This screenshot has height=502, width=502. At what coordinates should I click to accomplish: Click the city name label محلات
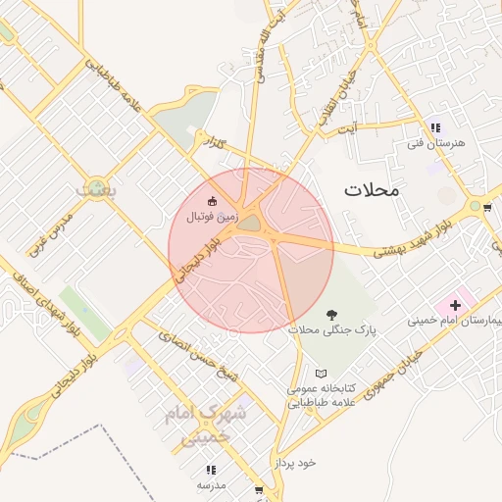372,189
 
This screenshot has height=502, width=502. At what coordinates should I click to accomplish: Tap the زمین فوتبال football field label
213,212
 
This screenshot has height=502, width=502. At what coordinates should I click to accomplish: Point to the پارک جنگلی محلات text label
331,331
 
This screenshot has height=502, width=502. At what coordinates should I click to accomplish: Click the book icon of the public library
321,375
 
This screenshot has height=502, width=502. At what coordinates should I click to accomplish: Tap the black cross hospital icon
455,306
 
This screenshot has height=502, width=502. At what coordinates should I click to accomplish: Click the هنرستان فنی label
435,143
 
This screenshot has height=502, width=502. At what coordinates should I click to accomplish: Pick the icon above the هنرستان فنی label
435,127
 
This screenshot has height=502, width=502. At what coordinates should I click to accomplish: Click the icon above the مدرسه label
212,471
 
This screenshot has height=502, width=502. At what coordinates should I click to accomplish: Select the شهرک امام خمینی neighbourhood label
207,426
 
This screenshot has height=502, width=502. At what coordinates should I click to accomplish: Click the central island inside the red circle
250,225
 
